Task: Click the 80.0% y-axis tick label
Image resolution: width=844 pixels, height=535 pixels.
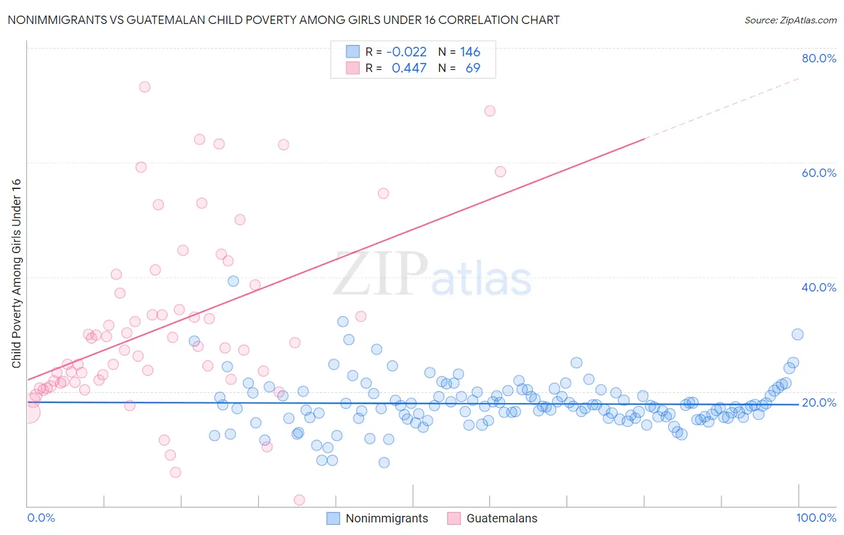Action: (x=819, y=58)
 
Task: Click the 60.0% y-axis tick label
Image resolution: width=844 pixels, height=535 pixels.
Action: (x=819, y=173)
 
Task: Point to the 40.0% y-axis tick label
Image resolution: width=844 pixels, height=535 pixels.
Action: (x=819, y=287)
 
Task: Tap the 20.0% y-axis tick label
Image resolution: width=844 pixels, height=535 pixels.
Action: (x=819, y=402)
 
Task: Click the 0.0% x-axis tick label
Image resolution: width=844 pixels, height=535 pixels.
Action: (x=41, y=518)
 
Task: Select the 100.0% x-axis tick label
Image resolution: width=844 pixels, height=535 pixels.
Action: (x=816, y=518)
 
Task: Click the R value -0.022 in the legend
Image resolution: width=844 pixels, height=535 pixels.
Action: (x=406, y=52)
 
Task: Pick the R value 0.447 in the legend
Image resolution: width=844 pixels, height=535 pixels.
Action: (x=409, y=68)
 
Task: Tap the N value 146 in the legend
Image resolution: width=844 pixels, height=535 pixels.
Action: (x=470, y=52)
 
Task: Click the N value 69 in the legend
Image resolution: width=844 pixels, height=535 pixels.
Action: (x=473, y=68)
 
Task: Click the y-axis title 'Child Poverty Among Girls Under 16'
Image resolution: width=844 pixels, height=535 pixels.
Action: (x=16, y=273)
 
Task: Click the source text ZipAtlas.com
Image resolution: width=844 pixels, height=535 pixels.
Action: (x=790, y=20)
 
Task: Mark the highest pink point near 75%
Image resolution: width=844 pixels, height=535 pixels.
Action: (x=145, y=87)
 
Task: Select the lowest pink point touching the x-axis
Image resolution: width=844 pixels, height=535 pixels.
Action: (x=299, y=500)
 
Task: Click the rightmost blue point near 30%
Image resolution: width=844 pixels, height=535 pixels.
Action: (x=797, y=335)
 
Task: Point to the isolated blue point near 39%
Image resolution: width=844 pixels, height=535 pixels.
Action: (x=234, y=281)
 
